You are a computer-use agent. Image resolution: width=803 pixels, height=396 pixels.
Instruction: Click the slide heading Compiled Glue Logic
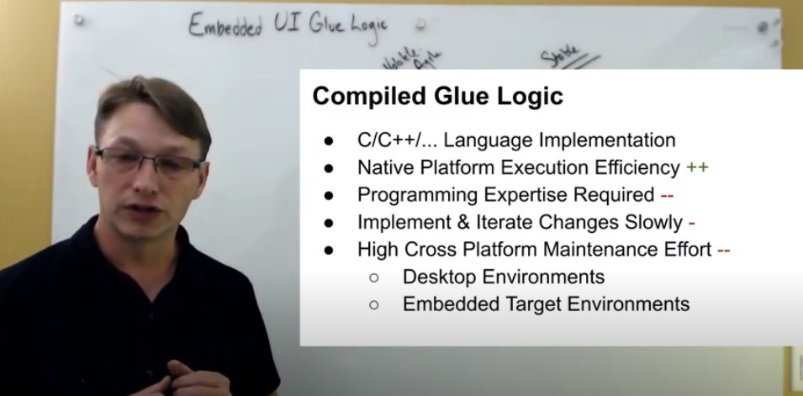pyautogui.click(x=437, y=96)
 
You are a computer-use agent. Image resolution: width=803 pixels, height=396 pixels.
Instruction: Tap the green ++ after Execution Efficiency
pyautogui.click(x=697, y=167)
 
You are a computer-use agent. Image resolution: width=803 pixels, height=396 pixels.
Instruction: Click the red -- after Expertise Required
pyautogui.click(x=667, y=195)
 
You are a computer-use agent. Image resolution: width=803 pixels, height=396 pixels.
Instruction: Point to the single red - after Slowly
pyautogui.click(x=691, y=222)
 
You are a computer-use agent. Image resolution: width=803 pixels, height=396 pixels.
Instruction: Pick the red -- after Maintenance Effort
pyautogui.click(x=723, y=249)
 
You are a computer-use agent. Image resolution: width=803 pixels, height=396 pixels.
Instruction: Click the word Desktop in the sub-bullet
pyautogui.click(x=436, y=276)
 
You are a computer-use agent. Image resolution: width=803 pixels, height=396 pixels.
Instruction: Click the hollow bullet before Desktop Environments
pyautogui.click(x=373, y=277)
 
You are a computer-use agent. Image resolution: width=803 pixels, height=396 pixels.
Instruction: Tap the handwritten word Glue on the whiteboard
pyautogui.click(x=323, y=25)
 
